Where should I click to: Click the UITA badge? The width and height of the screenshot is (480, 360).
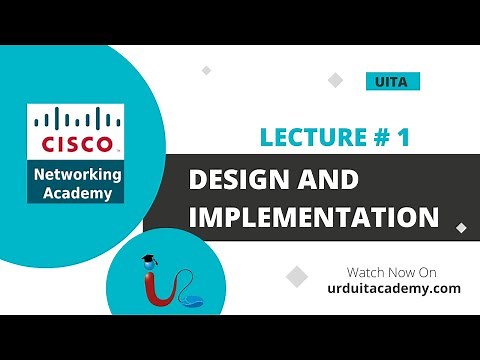[x=392, y=82]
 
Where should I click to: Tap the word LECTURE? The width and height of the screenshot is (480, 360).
[x=308, y=138]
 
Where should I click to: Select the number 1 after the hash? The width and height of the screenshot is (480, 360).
[x=403, y=138]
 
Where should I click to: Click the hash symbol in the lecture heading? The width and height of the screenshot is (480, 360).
[x=379, y=138]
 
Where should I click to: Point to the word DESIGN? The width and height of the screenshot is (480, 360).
[x=242, y=182]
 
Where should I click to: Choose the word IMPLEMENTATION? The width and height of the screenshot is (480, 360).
[x=313, y=217]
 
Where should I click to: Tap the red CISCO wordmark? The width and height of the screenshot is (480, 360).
[x=76, y=143]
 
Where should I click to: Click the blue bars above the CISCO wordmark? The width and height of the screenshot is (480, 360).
[x=76, y=122]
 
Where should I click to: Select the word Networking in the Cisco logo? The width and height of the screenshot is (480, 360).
[x=76, y=174]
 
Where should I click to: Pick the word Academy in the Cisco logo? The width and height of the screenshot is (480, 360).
[x=76, y=193]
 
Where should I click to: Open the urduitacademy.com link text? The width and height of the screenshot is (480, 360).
[x=392, y=288]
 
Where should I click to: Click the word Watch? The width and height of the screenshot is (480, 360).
[x=365, y=272]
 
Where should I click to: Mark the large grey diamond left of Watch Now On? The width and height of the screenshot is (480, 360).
[x=296, y=276]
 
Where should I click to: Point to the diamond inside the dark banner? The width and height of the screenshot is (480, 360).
[x=460, y=227]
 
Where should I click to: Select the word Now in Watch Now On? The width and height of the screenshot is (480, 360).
[x=399, y=272]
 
